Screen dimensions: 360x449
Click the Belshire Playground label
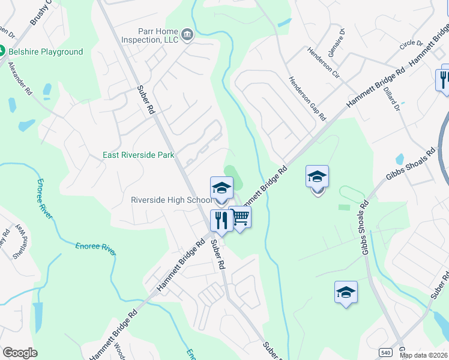[46, 52]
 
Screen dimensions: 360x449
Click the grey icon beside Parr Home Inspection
[187, 35]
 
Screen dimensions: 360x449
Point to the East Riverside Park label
[139, 155]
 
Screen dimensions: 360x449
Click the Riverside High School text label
[171, 200]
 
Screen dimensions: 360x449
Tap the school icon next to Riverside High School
[221, 188]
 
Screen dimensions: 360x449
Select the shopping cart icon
[240, 217]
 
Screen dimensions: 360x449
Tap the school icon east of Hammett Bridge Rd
[317, 177]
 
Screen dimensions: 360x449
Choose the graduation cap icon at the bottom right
[346, 292]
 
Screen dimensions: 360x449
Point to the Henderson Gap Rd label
[307, 98]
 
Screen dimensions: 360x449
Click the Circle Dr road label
[411, 44]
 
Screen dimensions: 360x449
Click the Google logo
[20, 353]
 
